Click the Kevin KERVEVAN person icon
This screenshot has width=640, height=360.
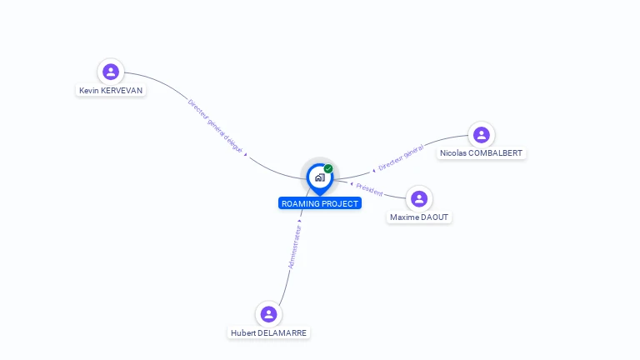point(110,72)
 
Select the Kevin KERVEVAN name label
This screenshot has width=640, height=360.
point(111,90)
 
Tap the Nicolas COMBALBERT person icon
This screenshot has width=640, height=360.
point(481,134)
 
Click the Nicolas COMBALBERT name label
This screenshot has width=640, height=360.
point(482,153)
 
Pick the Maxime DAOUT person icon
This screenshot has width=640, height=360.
point(419,198)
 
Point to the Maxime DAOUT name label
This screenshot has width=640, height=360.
point(419,217)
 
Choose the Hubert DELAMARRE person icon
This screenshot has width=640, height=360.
point(268,314)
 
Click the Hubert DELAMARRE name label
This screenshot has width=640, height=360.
point(268,333)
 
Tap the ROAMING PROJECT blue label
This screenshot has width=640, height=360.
point(320,203)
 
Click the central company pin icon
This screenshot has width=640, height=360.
point(320,177)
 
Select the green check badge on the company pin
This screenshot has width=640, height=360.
point(328,169)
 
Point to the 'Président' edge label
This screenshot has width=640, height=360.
point(369,189)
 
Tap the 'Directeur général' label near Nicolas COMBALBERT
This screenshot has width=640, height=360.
point(401,158)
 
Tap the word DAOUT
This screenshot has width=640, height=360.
point(433,217)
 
